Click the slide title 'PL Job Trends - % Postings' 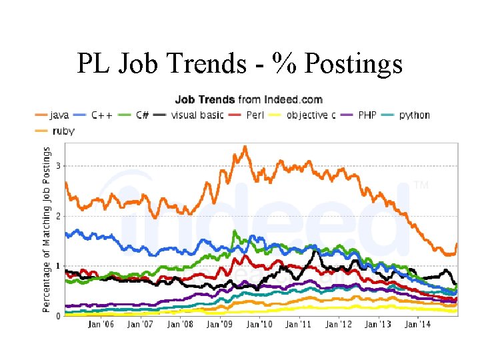239,65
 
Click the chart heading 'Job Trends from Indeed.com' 249,99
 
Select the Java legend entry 50,115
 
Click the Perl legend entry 243,115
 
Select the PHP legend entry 360,115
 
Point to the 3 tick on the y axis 58,165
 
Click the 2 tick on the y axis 58,216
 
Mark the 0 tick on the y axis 58,316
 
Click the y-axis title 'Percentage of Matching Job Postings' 46,229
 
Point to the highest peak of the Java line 245,147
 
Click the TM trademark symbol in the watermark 421,185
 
